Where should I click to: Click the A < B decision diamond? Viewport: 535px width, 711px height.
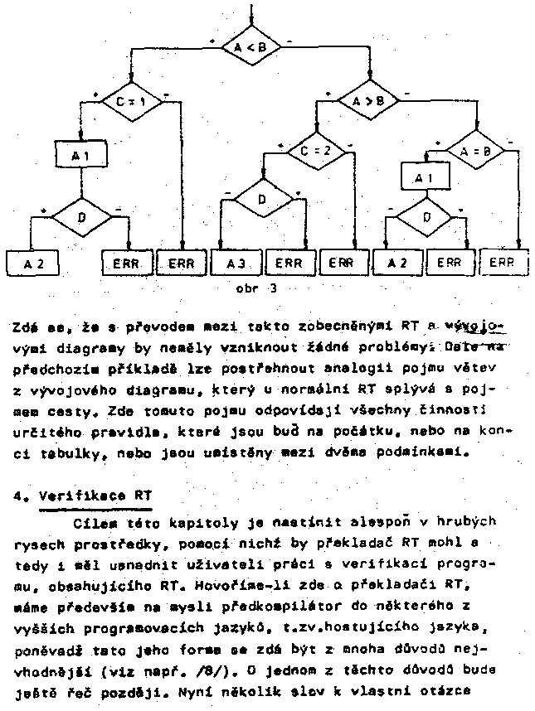point(250,48)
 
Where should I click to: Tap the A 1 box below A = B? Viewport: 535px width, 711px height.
point(424,177)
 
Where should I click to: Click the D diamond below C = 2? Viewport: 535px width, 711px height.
point(263,200)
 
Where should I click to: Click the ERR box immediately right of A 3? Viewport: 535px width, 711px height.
point(289,263)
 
